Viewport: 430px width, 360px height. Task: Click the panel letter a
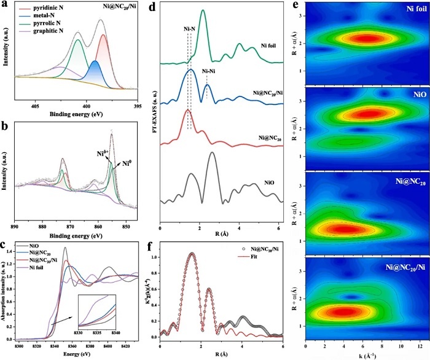pos(6,5)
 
